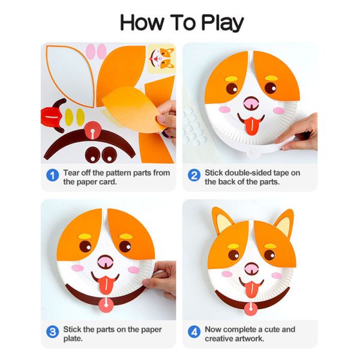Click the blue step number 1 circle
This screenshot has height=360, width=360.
click(53, 176)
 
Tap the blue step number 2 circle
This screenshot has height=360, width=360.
click(194, 176)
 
